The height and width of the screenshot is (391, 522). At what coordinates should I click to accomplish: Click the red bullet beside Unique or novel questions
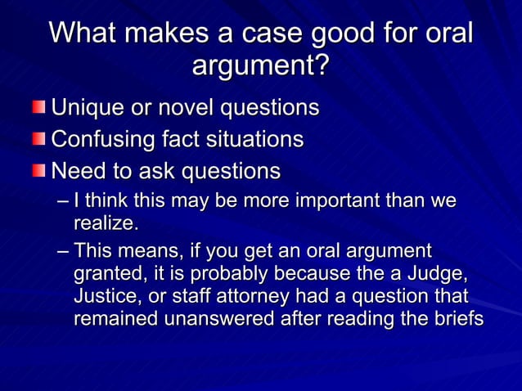pyautogui.click(x=40, y=108)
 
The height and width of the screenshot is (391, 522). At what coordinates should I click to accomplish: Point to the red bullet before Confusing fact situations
pyautogui.click(x=40, y=140)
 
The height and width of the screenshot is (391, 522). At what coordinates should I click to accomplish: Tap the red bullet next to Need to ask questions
pyautogui.click(x=40, y=172)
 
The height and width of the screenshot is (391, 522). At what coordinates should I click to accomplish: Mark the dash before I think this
pyautogui.click(x=64, y=201)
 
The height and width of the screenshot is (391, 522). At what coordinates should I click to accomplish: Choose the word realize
pyautogui.click(x=106, y=222)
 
